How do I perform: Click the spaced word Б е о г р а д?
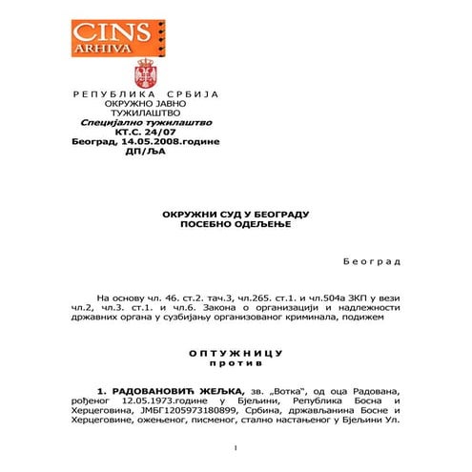point(371,260)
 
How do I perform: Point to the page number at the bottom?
point(234,448)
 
